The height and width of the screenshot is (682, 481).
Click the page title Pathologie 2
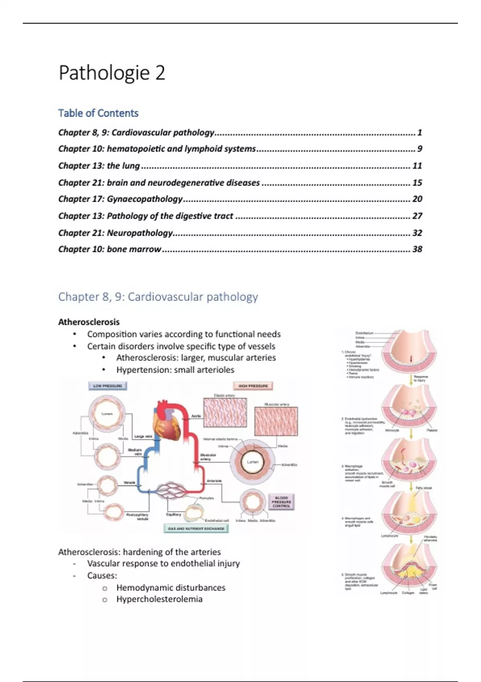112,73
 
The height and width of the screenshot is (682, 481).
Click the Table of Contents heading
98,113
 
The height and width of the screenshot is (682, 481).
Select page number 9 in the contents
419,149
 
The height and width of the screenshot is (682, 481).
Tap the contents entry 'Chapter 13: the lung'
99,166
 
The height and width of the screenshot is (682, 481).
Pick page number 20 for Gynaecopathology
417,199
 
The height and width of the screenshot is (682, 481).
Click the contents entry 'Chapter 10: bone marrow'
109,249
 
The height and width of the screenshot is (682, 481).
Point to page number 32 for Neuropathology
417,233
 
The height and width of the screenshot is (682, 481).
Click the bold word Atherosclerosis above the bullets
89,322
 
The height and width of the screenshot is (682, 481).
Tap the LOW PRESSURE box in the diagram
107,386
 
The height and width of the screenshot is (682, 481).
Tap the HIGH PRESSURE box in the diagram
253,386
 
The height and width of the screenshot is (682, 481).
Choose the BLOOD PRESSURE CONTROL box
281,501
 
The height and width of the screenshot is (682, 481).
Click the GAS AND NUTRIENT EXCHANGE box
196,528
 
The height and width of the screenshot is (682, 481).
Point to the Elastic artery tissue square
224,413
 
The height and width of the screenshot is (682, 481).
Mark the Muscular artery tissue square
276,421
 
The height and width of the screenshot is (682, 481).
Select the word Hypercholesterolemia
159,599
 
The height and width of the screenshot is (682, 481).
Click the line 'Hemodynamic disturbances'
171,587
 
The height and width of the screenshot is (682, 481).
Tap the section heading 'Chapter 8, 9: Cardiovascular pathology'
158,297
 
